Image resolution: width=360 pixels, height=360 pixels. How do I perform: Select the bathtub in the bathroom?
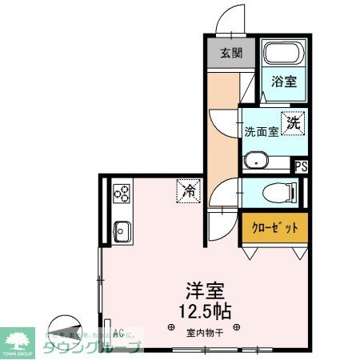282,55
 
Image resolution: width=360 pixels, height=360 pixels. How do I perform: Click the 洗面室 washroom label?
261,131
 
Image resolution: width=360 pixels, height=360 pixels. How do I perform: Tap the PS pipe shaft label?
301,167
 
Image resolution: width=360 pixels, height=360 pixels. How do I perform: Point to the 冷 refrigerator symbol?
189,191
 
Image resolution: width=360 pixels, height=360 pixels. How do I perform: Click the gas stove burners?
122,193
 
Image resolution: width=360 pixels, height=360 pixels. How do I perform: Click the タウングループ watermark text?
92,346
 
